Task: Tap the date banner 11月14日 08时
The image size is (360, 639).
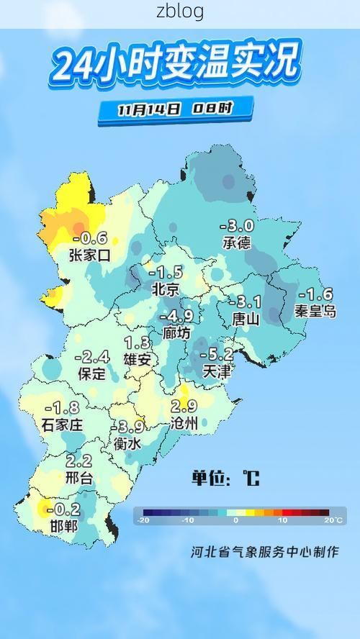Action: pyautogui.click(x=176, y=109)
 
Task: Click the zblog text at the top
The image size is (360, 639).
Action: pyautogui.click(x=180, y=12)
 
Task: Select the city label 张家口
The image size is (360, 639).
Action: pyautogui.click(x=90, y=255)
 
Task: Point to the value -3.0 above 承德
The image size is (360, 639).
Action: pyautogui.click(x=237, y=226)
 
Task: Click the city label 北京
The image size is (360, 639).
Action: pyautogui.click(x=166, y=289)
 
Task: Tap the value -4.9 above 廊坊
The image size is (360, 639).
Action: pyautogui.click(x=176, y=317)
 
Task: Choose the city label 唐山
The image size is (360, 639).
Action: pyautogui.click(x=245, y=318)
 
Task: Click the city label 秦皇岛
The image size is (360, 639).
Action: pyautogui.click(x=315, y=311)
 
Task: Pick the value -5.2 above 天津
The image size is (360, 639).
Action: pyautogui.click(x=217, y=354)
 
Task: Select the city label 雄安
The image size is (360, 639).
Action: pyautogui.click(x=138, y=360)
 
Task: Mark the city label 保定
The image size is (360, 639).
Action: pyautogui.click(x=92, y=374)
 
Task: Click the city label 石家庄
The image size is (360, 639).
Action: pyautogui.click(x=63, y=425)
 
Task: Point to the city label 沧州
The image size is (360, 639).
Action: pyautogui.click(x=184, y=425)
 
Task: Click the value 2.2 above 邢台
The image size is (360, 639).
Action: pyautogui.click(x=78, y=461)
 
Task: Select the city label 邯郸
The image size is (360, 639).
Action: pyautogui.click(x=63, y=527)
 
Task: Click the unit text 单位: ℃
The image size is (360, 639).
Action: pyautogui.click(x=225, y=478)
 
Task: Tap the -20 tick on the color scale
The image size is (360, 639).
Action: pyautogui.click(x=144, y=520)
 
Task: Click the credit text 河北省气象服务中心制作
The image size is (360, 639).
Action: pyautogui.click(x=264, y=553)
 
